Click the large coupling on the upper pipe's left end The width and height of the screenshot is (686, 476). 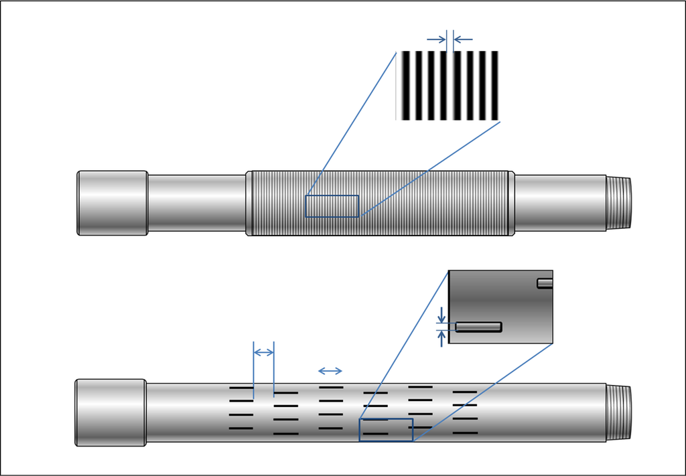click(x=112, y=203)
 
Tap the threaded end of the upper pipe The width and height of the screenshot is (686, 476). click(x=619, y=202)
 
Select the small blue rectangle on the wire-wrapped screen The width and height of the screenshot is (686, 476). click(x=332, y=206)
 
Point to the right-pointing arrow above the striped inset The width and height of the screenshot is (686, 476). click(x=436, y=39)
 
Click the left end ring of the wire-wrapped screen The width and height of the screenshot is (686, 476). click(x=249, y=203)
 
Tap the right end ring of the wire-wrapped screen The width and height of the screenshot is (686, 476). click(x=512, y=203)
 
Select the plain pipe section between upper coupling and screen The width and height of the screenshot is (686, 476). click(x=196, y=203)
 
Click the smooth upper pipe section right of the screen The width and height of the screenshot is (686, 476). click(x=560, y=203)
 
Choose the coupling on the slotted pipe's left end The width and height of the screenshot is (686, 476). click(x=111, y=412)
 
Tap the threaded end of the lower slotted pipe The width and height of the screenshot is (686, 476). click(x=619, y=412)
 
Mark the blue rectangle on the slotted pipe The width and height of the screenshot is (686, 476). click(x=386, y=430)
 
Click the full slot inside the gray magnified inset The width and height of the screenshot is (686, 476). click(x=479, y=327)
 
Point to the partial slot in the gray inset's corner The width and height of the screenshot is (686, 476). click(x=545, y=283)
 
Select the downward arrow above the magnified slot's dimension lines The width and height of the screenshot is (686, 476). click(x=441, y=313)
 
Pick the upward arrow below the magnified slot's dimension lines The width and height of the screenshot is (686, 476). click(x=441, y=338)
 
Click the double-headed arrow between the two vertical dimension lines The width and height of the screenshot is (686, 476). click(x=264, y=352)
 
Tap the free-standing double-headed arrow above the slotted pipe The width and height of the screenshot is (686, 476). click(x=330, y=371)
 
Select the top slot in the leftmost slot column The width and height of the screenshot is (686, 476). click(x=241, y=388)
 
